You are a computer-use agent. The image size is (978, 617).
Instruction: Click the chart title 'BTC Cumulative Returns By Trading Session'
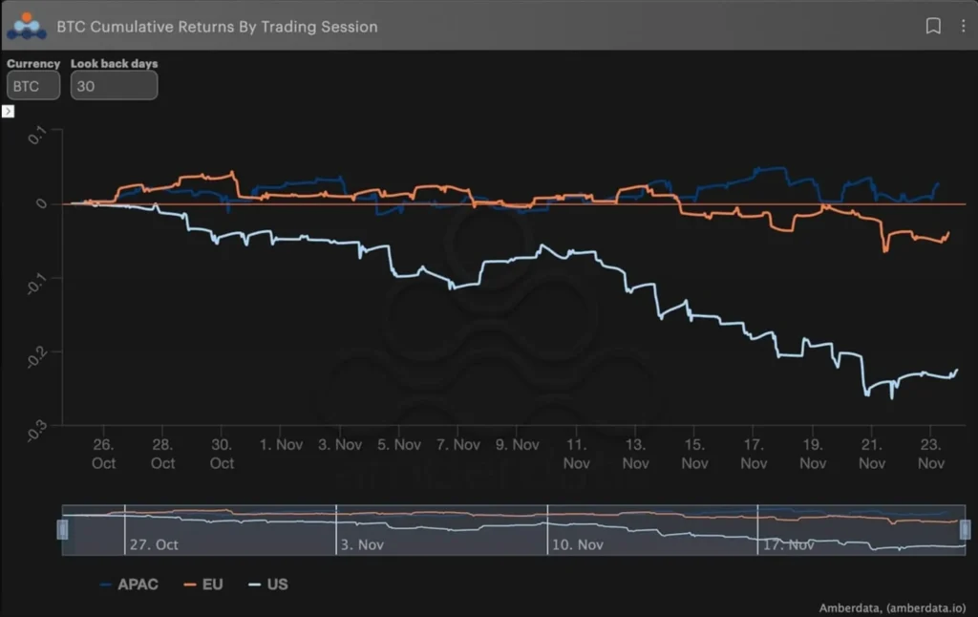click(x=217, y=27)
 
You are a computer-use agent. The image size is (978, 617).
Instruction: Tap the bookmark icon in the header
click(x=933, y=27)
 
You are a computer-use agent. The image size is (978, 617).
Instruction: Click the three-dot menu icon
click(x=963, y=27)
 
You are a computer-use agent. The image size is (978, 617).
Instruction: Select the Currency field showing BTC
click(x=33, y=85)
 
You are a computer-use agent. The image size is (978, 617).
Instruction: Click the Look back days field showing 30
click(x=114, y=85)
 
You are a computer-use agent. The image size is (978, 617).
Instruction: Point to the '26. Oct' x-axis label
click(x=103, y=454)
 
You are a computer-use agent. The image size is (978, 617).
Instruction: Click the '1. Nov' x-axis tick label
click(x=281, y=445)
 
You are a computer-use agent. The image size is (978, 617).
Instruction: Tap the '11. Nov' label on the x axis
click(x=576, y=454)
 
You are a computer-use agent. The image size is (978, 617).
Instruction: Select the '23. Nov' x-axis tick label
click(x=931, y=454)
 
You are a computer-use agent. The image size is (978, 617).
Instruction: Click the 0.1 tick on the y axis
click(x=37, y=137)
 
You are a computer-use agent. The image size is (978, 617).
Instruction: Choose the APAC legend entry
click(x=129, y=584)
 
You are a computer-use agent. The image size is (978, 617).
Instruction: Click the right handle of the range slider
click(x=965, y=529)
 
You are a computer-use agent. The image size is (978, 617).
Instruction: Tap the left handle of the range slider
click(x=63, y=529)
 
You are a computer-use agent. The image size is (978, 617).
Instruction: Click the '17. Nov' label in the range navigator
click(x=787, y=544)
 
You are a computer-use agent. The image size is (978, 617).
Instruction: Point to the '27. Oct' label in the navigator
click(x=154, y=544)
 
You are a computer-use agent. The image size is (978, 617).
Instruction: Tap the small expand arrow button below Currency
click(x=8, y=112)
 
